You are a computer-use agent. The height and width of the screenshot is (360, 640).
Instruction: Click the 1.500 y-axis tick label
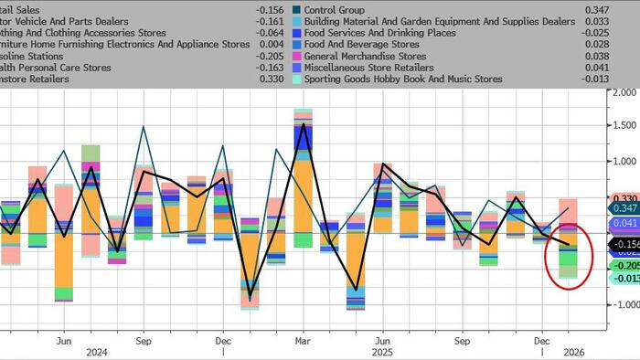(x=624, y=126)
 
